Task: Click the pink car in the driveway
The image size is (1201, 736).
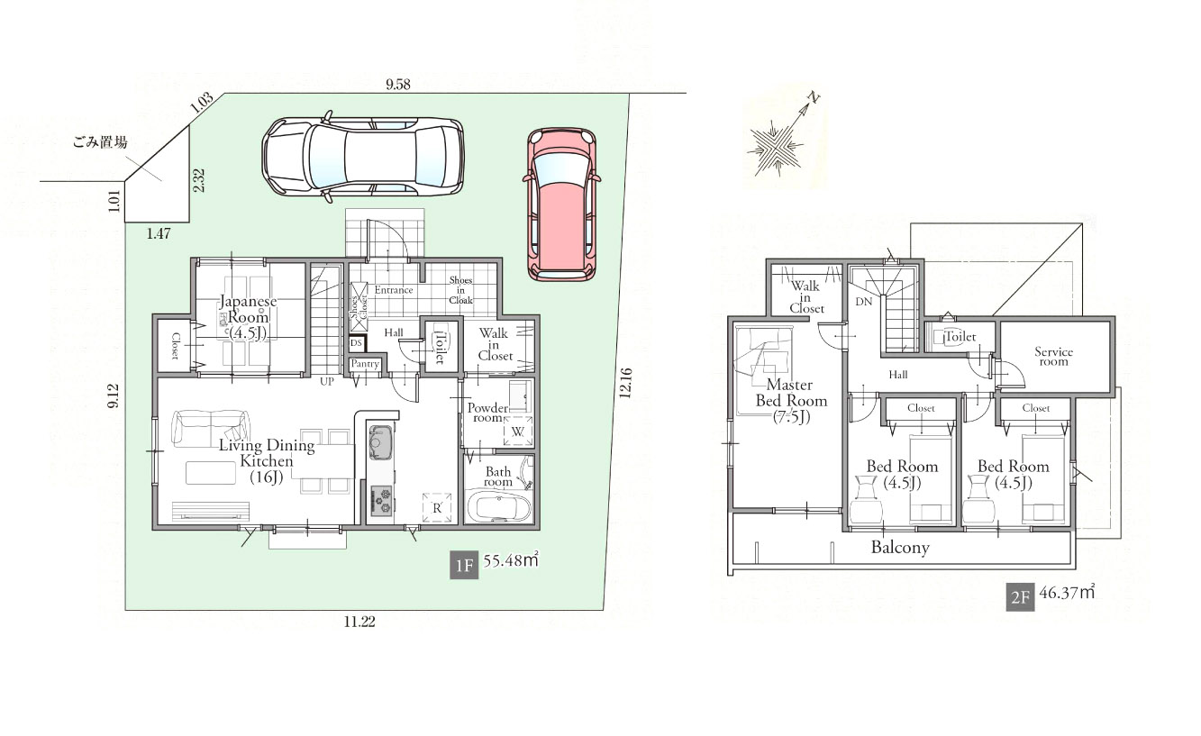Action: (x=561, y=204)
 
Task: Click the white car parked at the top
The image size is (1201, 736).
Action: (x=363, y=156)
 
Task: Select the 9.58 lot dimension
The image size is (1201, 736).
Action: (x=398, y=84)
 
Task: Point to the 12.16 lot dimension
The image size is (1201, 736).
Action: (x=625, y=383)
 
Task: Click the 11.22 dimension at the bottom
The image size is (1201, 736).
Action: (x=359, y=622)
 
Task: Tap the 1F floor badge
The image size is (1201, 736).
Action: (x=464, y=565)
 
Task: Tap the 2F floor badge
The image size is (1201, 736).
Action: (x=1020, y=597)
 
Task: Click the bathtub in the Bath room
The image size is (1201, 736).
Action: (x=499, y=508)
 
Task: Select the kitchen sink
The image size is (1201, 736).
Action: (x=380, y=441)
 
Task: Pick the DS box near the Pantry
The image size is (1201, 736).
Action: (x=357, y=343)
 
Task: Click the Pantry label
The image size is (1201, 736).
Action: (x=365, y=363)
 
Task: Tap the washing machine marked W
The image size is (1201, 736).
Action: (x=518, y=431)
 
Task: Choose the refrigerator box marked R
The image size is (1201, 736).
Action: (x=436, y=508)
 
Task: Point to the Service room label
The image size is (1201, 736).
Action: (x=1053, y=357)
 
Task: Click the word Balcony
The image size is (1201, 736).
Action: (x=900, y=548)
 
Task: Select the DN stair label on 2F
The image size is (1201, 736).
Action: (x=864, y=302)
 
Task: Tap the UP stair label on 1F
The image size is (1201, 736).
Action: (x=326, y=382)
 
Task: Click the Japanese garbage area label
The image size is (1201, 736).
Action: (x=100, y=142)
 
